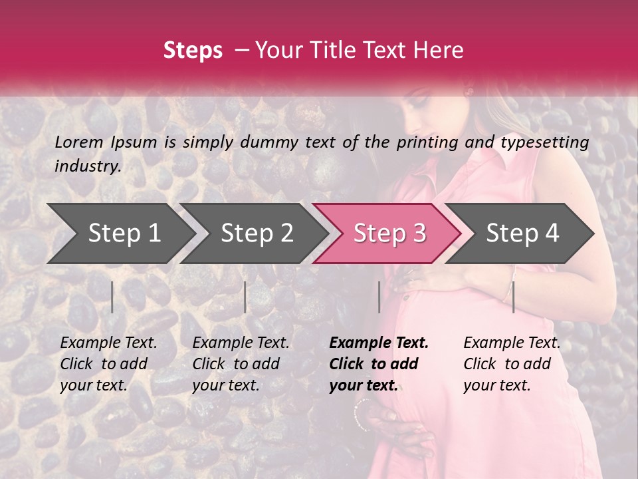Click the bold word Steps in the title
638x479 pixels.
(193, 51)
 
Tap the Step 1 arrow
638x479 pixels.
(120, 234)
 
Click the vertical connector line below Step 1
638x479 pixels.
(112, 297)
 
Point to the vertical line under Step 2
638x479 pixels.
(245, 297)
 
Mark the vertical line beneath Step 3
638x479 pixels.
(379, 297)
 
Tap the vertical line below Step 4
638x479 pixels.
(513, 297)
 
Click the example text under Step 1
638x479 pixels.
(108, 364)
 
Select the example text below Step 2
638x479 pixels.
(241, 364)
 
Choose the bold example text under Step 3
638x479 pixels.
(378, 364)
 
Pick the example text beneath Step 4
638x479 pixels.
(512, 364)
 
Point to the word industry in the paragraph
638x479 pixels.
(88, 166)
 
